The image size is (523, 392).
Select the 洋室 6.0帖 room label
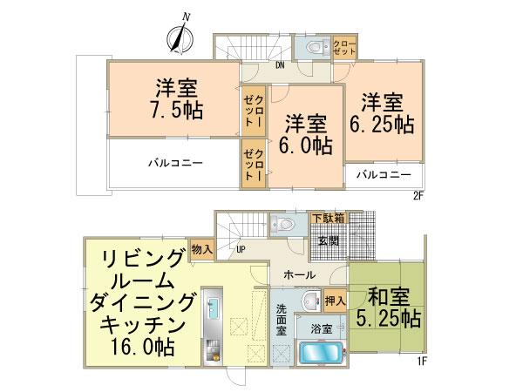click(x=299, y=133)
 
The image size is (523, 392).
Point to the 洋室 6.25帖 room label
click(x=382, y=112)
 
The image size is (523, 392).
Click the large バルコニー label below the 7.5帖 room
click(x=175, y=163)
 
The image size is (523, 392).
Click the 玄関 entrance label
click(x=329, y=239)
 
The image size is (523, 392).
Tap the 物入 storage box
click(x=200, y=248)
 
